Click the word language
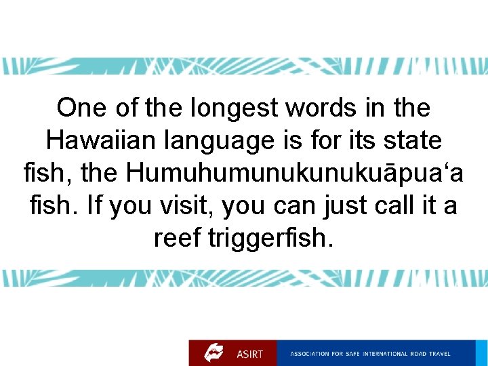click(216, 141)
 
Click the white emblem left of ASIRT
click(215, 352)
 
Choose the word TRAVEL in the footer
click(439, 354)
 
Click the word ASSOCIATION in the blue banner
click(310, 354)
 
